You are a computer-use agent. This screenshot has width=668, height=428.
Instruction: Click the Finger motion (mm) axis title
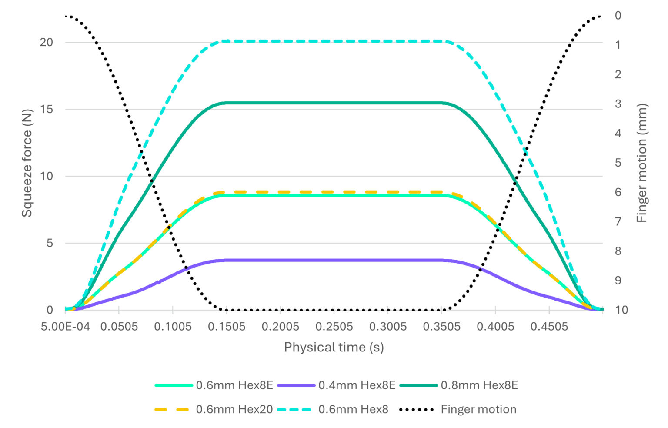point(642,163)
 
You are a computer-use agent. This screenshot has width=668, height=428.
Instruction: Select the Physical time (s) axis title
point(334,347)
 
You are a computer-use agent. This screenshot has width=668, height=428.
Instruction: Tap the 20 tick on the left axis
point(46,43)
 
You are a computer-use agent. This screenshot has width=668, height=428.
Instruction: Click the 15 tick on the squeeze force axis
point(46,109)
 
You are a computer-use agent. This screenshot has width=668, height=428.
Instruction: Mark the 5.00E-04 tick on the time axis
point(65,326)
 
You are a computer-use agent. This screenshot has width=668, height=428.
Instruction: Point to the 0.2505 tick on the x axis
point(334,326)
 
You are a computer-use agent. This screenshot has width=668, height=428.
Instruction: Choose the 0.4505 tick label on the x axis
point(549,326)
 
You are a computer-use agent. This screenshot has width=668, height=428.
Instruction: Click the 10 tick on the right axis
point(621,310)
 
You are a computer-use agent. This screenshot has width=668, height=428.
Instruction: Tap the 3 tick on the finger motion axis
point(618,104)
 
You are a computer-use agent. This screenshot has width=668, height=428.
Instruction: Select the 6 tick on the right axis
point(618,192)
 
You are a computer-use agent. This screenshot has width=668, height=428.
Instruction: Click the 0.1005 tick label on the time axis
point(173,326)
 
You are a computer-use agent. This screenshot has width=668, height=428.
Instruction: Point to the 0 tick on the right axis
point(618,16)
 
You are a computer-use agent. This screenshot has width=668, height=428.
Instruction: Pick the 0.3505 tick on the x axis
point(441,326)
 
